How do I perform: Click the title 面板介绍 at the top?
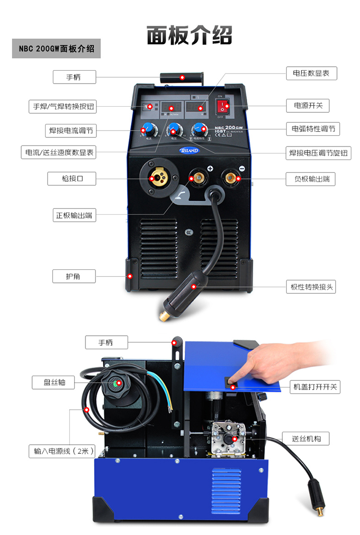[189, 35]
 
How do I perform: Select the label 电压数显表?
[311, 73]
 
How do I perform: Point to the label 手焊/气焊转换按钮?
[62, 106]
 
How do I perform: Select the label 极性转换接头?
[311, 287]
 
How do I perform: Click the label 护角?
[73, 276]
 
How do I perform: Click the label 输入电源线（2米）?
[61, 451]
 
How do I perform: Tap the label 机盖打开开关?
[315, 387]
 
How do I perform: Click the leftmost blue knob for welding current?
[148, 130]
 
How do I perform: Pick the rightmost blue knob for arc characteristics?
[199, 129]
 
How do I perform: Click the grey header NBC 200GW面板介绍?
[56, 49]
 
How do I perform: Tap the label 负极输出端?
[311, 179]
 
